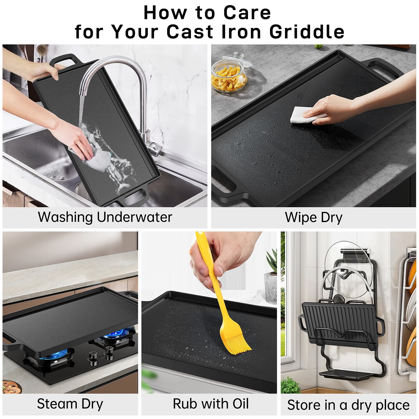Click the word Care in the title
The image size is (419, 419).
(247, 13)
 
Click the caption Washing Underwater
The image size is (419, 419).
(105, 217)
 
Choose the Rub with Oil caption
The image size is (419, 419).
(211, 404)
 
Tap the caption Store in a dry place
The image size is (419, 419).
(348, 405)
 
